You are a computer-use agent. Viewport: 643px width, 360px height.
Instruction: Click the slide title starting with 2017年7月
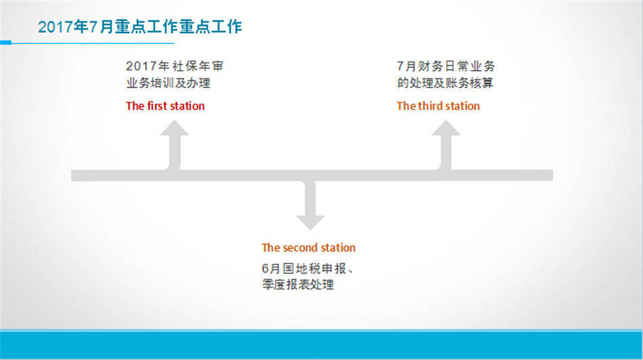[140, 27]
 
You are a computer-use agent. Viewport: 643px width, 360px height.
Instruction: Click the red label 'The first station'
[165, 106]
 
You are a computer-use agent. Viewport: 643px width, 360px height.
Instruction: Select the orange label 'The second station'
[309, 248]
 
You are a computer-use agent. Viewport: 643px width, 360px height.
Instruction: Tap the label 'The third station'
[438, 106]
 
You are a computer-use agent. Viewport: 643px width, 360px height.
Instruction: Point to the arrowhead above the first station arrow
[174, 127]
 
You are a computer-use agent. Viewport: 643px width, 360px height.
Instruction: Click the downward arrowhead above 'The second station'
[310, 222]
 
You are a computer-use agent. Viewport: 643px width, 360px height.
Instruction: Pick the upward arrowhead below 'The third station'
[446, 127]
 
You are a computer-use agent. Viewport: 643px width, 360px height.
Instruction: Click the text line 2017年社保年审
[175, 66]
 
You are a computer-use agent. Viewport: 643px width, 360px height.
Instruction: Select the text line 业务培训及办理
[168, 83]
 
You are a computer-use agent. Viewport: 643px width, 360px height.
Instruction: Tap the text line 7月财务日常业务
[446, 66]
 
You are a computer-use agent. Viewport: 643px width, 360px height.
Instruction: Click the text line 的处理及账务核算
[445, 83]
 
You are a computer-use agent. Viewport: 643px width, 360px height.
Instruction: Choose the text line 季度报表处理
[298, 285]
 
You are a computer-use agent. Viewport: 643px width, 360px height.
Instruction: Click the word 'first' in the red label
[156, 106]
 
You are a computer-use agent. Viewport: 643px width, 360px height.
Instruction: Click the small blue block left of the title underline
[5, 43]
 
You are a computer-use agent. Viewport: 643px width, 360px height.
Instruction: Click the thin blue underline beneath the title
[93, 43]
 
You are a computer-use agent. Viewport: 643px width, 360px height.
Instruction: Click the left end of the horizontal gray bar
[72, 175]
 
